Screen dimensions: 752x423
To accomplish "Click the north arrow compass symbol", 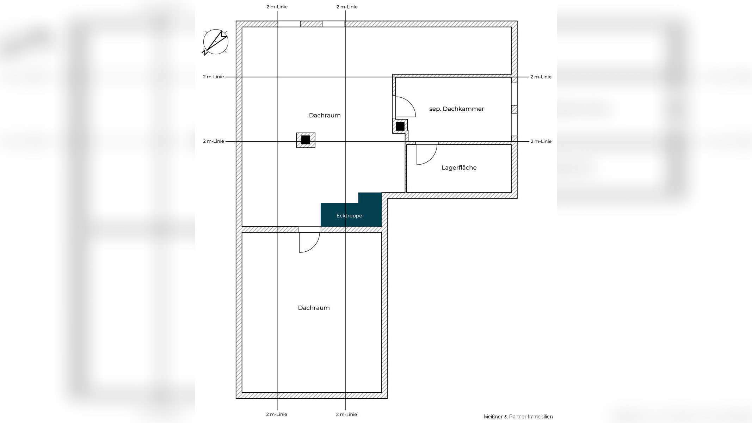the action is pyautogui.click(x=215, y=42).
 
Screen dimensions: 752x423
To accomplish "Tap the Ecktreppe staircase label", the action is pyautogui.click(x=349, y=216).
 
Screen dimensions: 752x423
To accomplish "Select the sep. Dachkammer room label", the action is pyautogui.click(x=456, y=109).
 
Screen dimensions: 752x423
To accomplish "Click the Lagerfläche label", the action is pyautogui.click(x=459, y=167).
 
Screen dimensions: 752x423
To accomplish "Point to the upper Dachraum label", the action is pyautogui.click(x=325, y=115).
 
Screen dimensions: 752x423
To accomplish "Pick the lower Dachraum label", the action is pyautogui.click(x=314, y=308).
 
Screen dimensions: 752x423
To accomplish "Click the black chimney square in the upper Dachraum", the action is pyautogui.click(x=306, y=140).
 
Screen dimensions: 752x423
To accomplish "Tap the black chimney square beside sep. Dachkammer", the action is pyautogui.click(x=400, y=126).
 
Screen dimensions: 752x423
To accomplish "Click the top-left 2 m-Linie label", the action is pyautogui.click(x=277, y=7).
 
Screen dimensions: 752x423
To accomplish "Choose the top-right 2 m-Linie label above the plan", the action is pyautogui.click(x=347, y=7).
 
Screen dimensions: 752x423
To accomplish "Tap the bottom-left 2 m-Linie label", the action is pyautogui.click(x=277, y=414).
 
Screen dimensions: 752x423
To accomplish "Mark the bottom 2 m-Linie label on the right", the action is pyautogui.click(x=347, y=414).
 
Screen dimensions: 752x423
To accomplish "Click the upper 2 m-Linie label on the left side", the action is pyautogui.click(x=213, y=77).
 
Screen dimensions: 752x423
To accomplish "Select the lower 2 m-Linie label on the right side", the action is pyautogui.click(x=541, y=141).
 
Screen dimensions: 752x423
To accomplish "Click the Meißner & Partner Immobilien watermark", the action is pyautogui.click(x=518, y=417).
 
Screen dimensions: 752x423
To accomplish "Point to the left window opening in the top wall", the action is pyautogui.click(x=289, y=24).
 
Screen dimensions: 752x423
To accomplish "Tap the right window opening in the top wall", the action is pyautogui.click(x=333, y=24).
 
